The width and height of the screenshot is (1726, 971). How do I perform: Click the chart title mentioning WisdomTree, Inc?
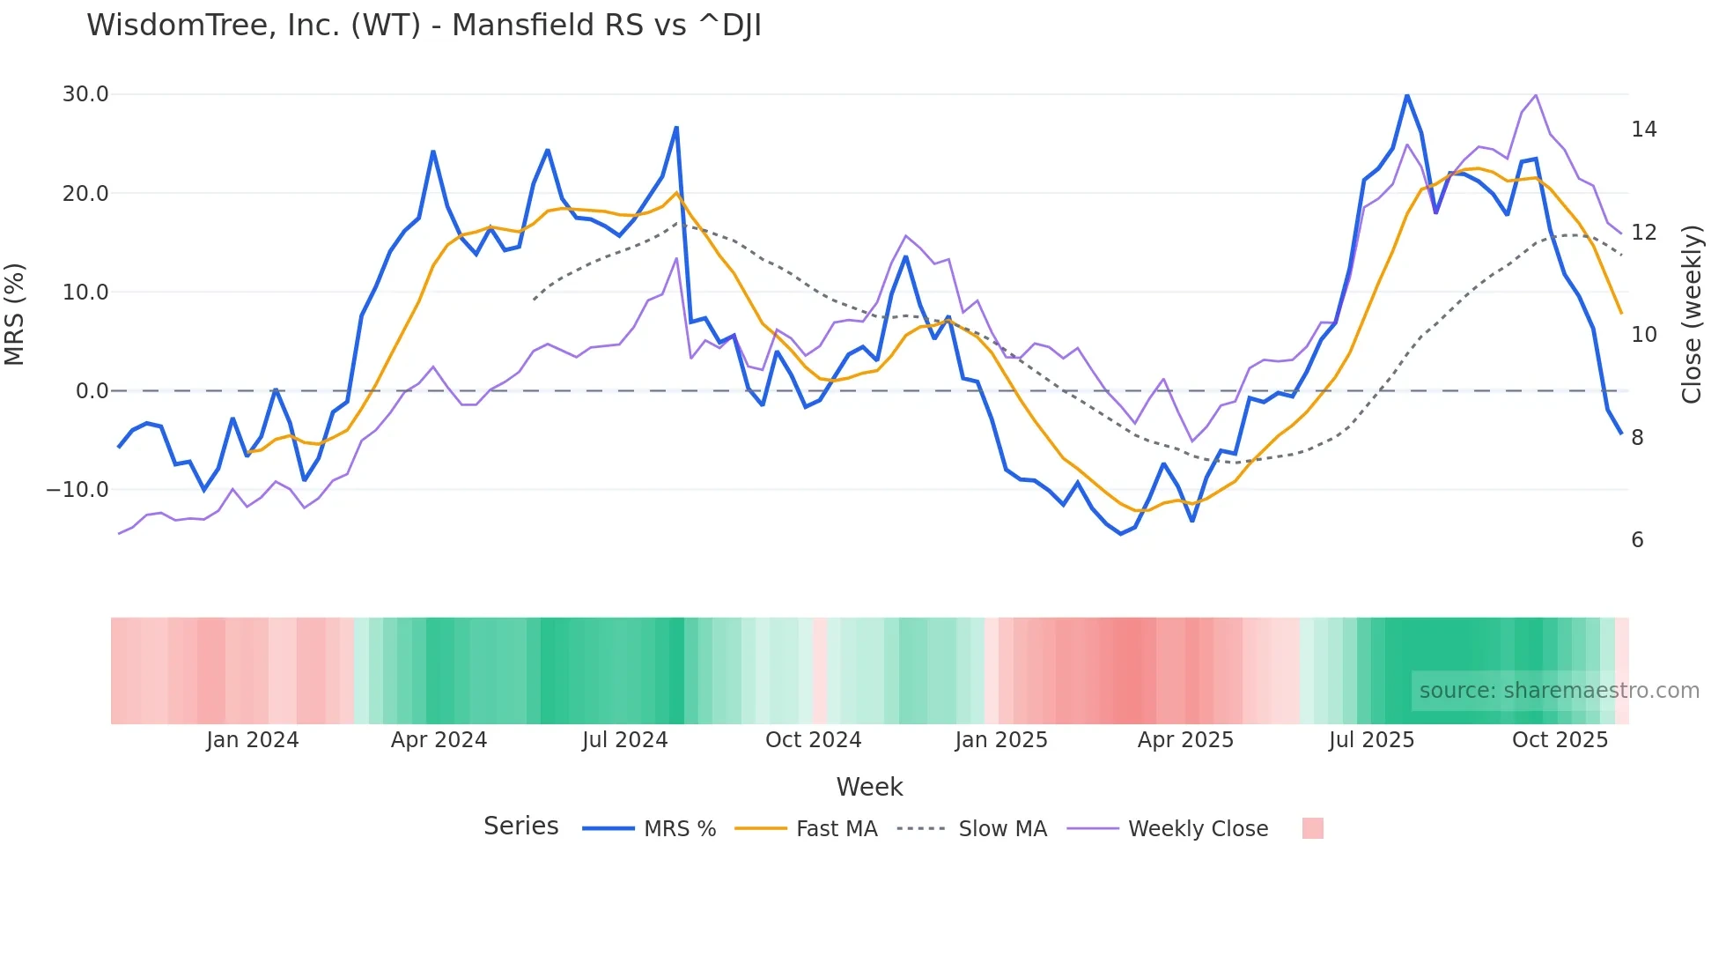(424, 26)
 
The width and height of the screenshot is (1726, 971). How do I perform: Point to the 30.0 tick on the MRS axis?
(85, 94)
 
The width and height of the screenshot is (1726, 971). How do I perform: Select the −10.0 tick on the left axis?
(77, 490)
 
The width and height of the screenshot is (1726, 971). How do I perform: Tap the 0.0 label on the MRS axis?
(92, 391)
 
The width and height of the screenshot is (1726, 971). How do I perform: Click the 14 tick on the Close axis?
(1643, 130)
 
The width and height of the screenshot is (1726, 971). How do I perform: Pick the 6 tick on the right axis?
(1637, 540)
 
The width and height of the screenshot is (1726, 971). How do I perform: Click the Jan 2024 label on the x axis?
(253, 740)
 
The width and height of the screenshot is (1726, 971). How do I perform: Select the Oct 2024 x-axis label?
(813, 740)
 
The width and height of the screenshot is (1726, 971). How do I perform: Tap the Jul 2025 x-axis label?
(1371, 740)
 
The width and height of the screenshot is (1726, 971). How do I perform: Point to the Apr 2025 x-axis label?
(1185, 740)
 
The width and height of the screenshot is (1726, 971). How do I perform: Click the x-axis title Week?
(869, 787)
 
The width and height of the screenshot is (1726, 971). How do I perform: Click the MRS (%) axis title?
(15, 315)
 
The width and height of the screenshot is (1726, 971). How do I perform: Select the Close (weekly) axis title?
(1691, 315)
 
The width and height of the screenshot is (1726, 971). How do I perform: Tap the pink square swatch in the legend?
(1312, 828)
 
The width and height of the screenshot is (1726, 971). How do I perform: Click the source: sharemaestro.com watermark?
(1559, 691)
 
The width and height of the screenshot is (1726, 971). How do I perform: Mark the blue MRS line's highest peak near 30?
(1406, 95)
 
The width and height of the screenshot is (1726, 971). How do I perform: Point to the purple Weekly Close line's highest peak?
(1536, 94)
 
